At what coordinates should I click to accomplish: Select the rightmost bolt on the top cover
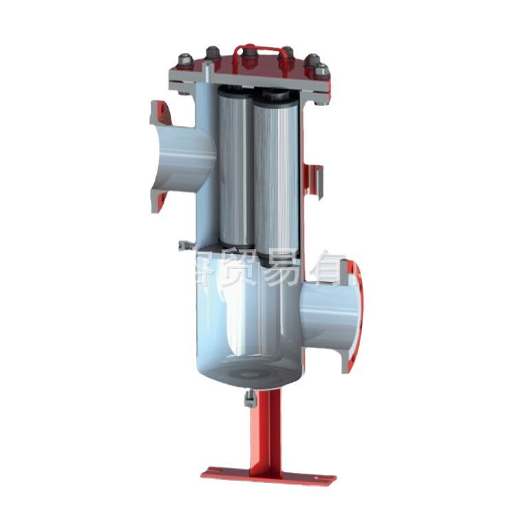point(321,70)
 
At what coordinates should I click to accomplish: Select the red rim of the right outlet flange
point(354,313)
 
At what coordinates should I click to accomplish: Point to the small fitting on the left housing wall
point(182,246)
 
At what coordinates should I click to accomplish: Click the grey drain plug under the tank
point(250,397)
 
